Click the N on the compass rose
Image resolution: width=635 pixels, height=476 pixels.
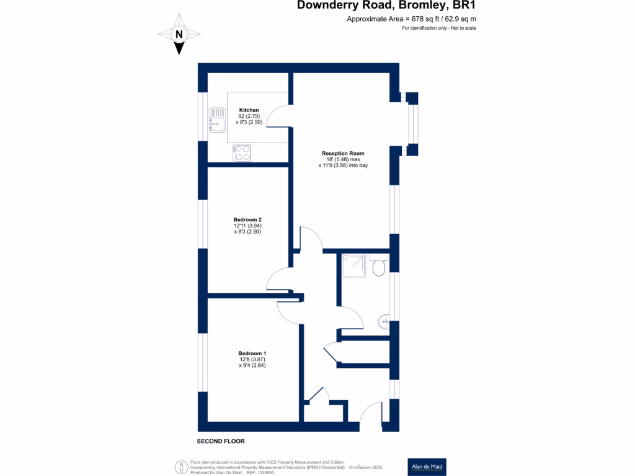tap(179, 35)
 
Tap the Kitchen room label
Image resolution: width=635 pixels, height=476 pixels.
tap(249, 110)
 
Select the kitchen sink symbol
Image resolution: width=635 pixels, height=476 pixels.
tap(218, 120)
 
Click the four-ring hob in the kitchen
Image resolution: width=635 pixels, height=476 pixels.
tap(242, 154)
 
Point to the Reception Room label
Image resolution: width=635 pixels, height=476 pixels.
tap(343, 154)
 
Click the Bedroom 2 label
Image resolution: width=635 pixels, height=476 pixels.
tap(247, 220)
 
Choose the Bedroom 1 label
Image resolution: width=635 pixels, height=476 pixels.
tap(252, 353)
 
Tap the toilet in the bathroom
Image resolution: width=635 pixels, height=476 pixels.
tap(379, 265)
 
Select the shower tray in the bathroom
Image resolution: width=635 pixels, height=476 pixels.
tap(353, 265)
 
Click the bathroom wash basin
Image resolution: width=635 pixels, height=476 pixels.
tap(384, 322)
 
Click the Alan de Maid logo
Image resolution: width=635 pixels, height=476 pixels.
tap(427, 467)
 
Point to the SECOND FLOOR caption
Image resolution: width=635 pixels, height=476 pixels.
tap(221, 441)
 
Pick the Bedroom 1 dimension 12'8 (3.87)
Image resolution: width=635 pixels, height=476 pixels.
tap(252, 359)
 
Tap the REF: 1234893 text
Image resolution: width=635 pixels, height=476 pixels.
tap(260, 472)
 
